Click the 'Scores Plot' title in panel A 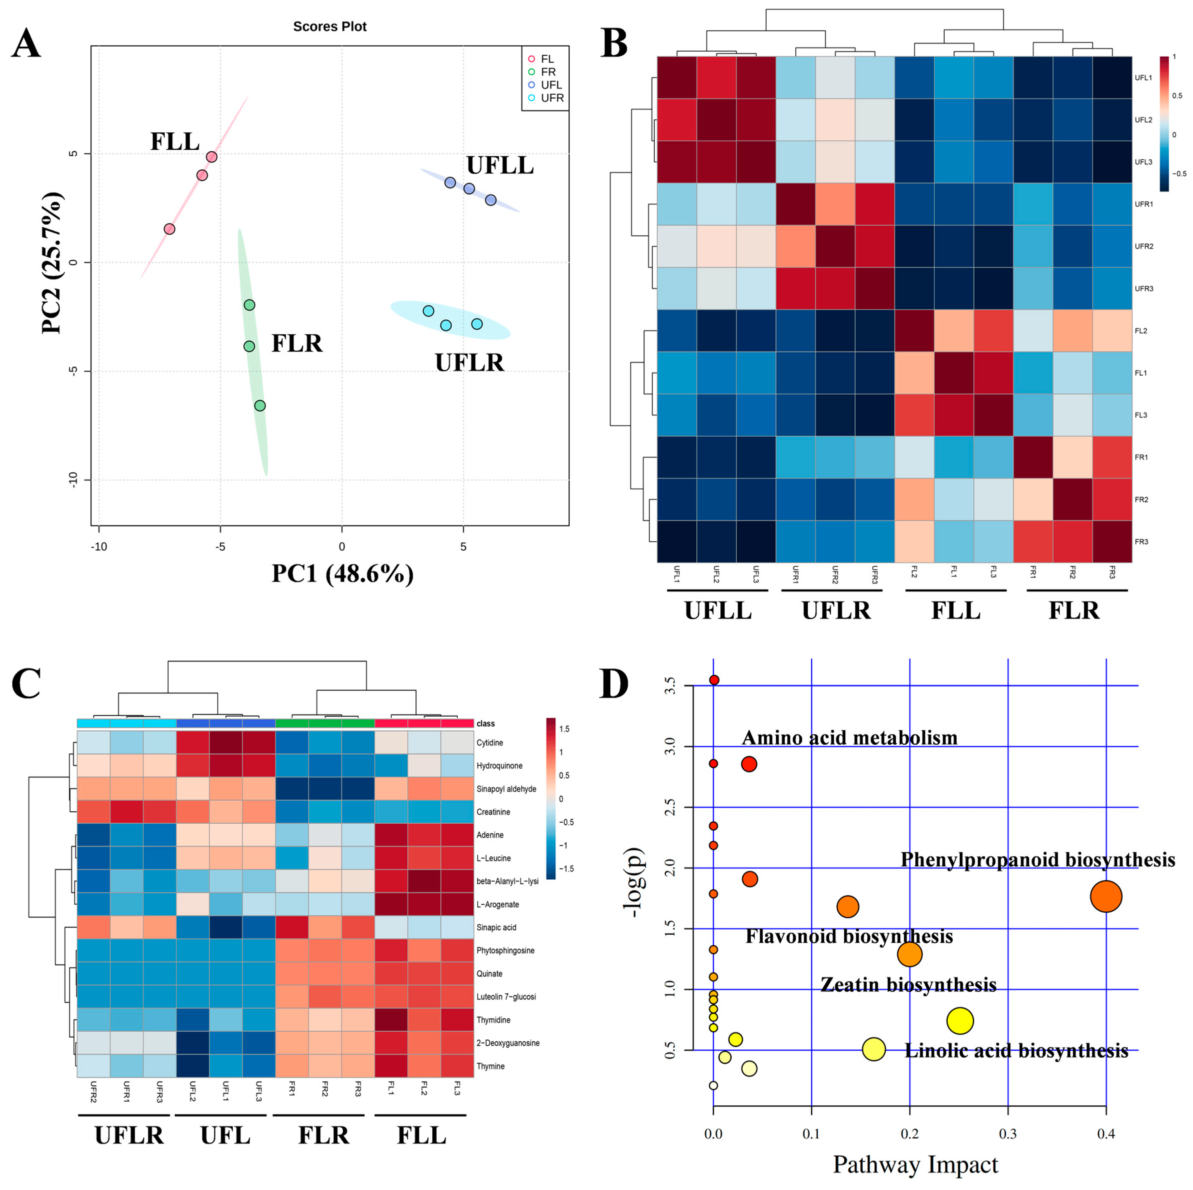[x=330, y=27]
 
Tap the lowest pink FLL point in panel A [x=169, y=229]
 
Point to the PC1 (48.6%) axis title [x=343, y=573]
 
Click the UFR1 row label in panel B [x=1144, y=204]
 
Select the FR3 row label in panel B [x=1141, y=542]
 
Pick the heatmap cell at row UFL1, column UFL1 [x=677, y=77]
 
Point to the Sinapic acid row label [x=496, y=927]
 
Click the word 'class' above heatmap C [x=485, y=723]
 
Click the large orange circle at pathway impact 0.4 [x=1105, y=897]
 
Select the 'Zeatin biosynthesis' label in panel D [x=908, y=985]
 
